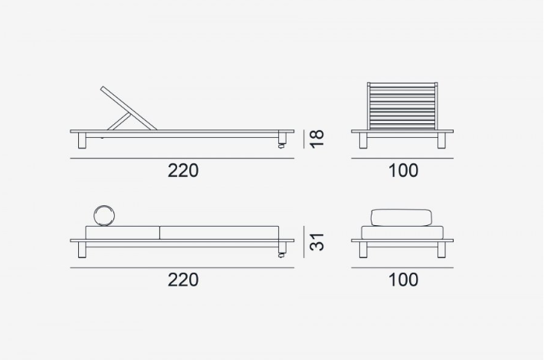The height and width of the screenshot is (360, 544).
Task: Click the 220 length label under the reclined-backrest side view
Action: tap(183, 170)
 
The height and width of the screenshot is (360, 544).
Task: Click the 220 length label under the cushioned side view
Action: tap(183, 280)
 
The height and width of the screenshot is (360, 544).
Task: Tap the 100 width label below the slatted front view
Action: tap(403, 170)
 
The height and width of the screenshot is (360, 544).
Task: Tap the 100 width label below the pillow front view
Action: tap(403, 280)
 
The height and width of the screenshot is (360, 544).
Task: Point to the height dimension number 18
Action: tap(317, 139)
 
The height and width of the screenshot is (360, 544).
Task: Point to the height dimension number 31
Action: tap(317, 242)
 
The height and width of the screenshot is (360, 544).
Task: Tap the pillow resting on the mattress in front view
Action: tap(401, 217)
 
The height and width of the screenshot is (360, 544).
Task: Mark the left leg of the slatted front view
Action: tap(364, 141)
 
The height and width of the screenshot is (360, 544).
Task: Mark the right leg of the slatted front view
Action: tap(441, 141)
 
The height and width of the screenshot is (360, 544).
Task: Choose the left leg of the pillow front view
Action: tap(364, 250)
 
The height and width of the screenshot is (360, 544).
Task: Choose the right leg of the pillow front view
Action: tap(441, 250)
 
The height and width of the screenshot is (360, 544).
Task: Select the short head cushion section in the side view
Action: tap(123, 232)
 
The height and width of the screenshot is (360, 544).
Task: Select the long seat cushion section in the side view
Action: tap(218, 232)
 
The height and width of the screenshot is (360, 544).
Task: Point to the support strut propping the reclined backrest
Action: tap(120, 121)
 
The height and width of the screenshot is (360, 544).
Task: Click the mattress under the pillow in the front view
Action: tap(402, 232)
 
